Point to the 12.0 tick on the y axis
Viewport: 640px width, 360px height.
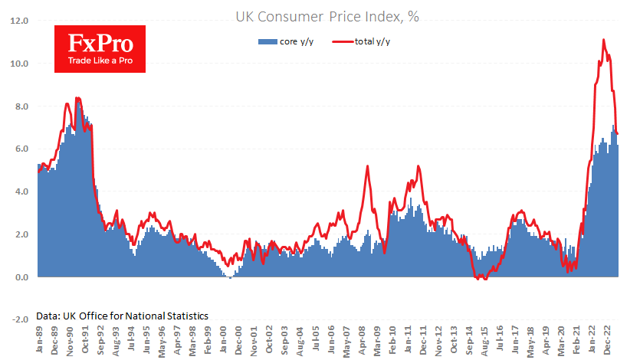pyautogui.click(x=18, y=21)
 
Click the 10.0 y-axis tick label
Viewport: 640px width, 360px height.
pyautogui.click(x=18, y=64)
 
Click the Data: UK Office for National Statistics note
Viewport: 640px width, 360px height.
pyautogui.click(x=122, y=316)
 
